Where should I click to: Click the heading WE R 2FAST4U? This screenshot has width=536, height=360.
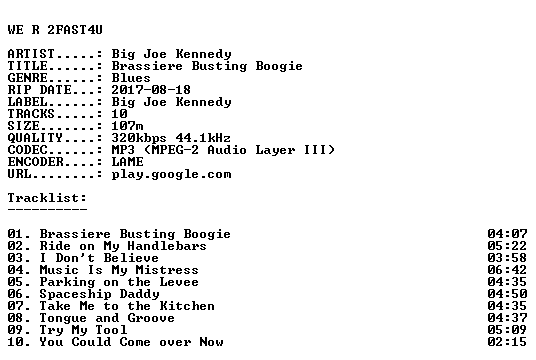point(55,30)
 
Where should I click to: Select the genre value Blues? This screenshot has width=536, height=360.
point(131,78)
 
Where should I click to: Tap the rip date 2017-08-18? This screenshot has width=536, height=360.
point(151,90)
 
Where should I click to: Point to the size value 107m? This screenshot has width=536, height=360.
point(128,126)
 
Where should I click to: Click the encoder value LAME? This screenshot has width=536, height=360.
point(128,162)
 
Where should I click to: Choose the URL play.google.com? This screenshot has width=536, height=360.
point(172,174)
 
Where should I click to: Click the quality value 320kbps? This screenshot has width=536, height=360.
point(139,138)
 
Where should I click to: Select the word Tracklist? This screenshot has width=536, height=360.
point(45,198)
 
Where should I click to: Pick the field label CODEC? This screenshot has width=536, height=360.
point(27,150)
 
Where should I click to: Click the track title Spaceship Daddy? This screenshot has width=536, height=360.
point(99,294)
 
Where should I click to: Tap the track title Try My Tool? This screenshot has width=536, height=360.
point(83,330)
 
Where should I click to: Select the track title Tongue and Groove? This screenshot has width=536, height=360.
point(107,318)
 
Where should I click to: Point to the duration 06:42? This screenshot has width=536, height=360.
point(507,270)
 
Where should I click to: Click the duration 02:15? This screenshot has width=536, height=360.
point(507,342)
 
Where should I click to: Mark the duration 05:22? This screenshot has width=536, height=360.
point(507,246)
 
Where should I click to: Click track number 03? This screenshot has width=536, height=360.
point(16,258)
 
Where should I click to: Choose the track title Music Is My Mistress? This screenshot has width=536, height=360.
point(119,270)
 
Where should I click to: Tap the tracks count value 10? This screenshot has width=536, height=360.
point(120,114)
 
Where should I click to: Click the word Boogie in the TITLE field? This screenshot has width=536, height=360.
point(279,66)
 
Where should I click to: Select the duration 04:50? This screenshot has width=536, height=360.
point(507,294)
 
